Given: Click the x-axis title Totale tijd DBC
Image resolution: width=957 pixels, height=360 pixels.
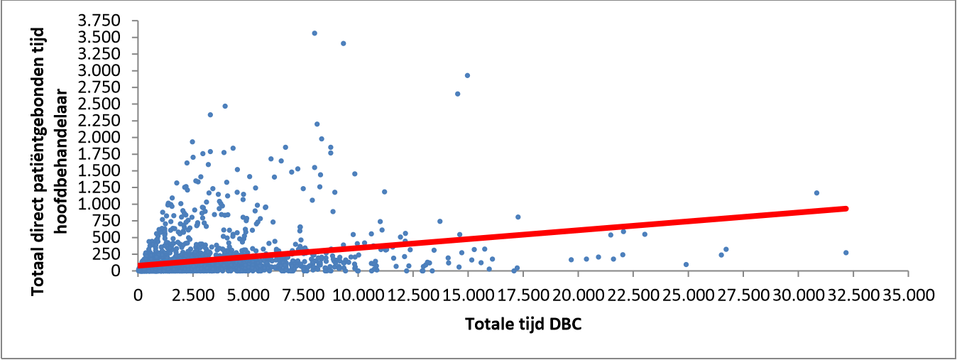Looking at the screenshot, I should tap(523, 324).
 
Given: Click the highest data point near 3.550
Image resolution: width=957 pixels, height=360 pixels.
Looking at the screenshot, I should tap(315, 33).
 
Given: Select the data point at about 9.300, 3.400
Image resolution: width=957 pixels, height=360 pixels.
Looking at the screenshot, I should tap(343, 43).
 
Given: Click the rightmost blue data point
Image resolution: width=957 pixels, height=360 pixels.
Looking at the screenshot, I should tap(846, 253).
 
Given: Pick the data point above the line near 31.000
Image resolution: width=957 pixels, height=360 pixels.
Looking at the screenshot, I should tap(816, 193).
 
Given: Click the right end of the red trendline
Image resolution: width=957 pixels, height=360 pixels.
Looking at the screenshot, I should tap(846, 208).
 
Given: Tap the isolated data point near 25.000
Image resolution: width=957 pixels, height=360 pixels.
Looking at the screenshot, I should tap(686, 265).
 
